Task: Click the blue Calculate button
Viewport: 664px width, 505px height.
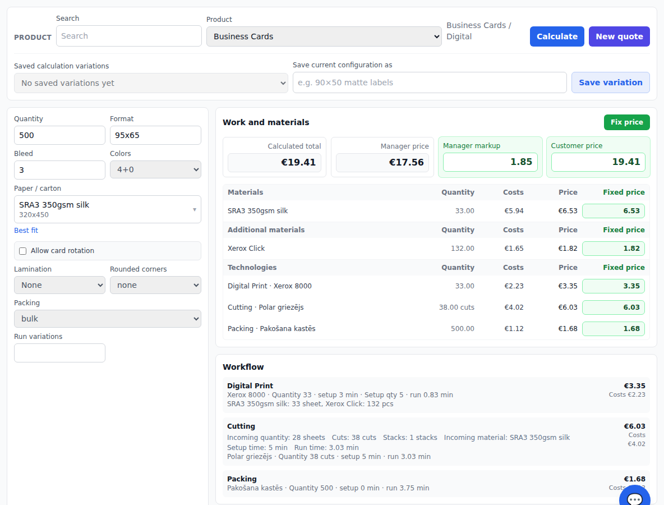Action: click(557, 36)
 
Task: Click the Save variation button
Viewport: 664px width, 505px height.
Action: click(610, 82)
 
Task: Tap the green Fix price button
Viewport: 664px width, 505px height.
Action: click(627, 122)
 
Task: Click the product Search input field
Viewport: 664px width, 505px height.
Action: click(129, 36)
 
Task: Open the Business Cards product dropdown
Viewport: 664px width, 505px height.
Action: click(324, 36)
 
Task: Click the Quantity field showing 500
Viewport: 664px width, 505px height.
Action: click(59, 135)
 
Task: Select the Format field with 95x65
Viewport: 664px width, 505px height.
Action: click(155, 135)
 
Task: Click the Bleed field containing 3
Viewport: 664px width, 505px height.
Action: click(59, 170)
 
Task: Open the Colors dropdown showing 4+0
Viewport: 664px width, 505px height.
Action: click(155, 169)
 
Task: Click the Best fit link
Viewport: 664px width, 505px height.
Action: click(26, 231)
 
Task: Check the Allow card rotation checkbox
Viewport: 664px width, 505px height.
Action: click(23, 251)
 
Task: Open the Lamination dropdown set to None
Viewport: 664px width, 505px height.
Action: click(59, 285)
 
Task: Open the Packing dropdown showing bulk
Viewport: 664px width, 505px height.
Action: click(108, 319)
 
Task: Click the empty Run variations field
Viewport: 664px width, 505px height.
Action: click(59, 353)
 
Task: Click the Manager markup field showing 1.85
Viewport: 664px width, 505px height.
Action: click(490, 162)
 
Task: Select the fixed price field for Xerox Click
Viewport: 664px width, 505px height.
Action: click(613, 248)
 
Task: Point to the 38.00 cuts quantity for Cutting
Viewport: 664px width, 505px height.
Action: click(457, 307)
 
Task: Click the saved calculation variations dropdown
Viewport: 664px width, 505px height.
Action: click(151, 83)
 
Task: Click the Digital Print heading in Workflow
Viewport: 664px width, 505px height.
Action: click(250, 385)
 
